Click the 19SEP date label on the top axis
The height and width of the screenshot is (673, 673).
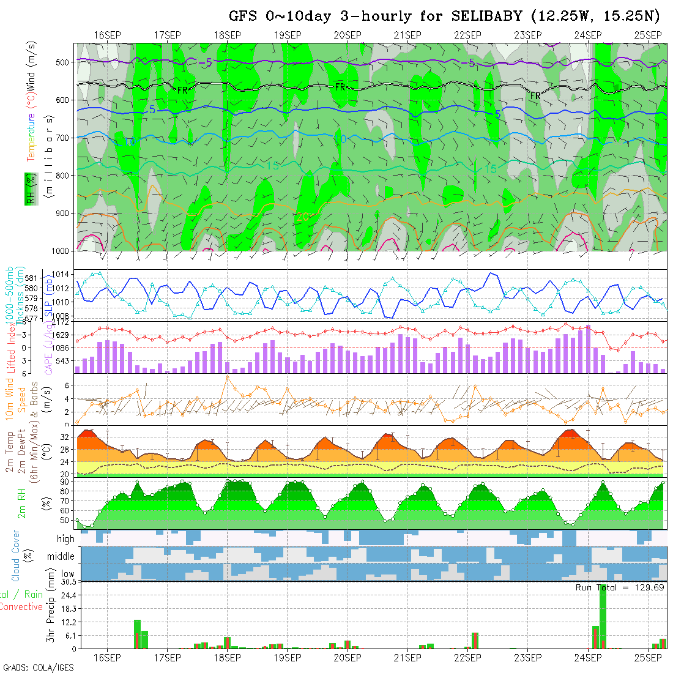[288, 35]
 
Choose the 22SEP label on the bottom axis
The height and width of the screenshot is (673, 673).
[468, 658]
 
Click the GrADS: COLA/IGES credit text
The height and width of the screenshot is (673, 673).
[38, 667]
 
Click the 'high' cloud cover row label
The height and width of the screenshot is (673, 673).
[65, 539]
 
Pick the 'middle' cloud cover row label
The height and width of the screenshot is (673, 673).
[61, 557]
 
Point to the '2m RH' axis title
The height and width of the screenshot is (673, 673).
[21, 503]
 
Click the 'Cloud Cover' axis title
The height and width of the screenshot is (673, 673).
[16, 556]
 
